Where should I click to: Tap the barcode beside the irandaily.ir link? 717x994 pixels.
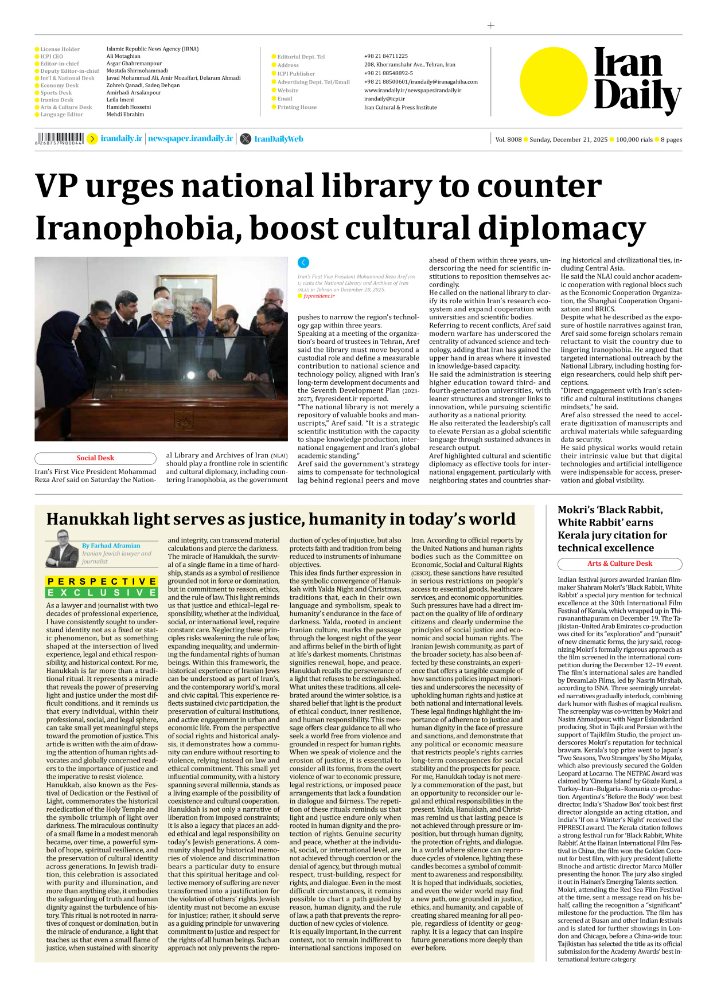pos(60,139)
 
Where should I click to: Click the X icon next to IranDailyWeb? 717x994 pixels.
pos(246,139)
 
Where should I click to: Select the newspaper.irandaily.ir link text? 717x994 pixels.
pos(190,139)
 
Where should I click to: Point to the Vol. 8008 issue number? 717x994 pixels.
pos(508,139)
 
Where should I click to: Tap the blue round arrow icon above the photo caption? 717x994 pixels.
pos(303,263)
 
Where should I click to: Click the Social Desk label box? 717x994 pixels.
pos(95,458)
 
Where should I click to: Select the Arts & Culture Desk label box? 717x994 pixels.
pos(619,563)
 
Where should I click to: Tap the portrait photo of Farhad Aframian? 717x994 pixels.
pos(62,548)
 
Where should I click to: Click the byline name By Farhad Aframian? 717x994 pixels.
pos(111,546)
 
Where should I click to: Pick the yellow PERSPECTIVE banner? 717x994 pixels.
pos(102,581)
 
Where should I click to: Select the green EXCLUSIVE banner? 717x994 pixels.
pos(102,593)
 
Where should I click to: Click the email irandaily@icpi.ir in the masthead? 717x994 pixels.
pos(384,99)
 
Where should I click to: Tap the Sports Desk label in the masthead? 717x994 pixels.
pos(56,93)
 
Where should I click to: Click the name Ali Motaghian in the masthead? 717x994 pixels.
pos(123,56)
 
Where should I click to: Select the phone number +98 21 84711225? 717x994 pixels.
pos(386,56)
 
